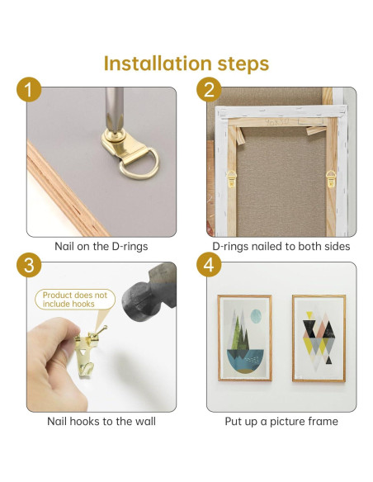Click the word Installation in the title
pos(158,64)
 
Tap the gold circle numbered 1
pos(29,89)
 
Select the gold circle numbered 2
pos(209,89)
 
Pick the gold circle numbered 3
pos(29,265)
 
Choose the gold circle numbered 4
pos(209,265)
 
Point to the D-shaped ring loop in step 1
pos(139,164)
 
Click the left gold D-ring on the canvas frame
pos(231,178)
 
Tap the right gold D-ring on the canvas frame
pos(331,178)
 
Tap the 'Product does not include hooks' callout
pos(75,300)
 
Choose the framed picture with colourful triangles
pos(319,338)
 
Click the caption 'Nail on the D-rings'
pos(101,246)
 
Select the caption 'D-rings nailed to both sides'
pos(281,246)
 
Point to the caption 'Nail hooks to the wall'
pos(102,421)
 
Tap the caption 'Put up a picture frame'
pos(281,422)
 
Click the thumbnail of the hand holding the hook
pos(102,337)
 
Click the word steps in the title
pos(243,64)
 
